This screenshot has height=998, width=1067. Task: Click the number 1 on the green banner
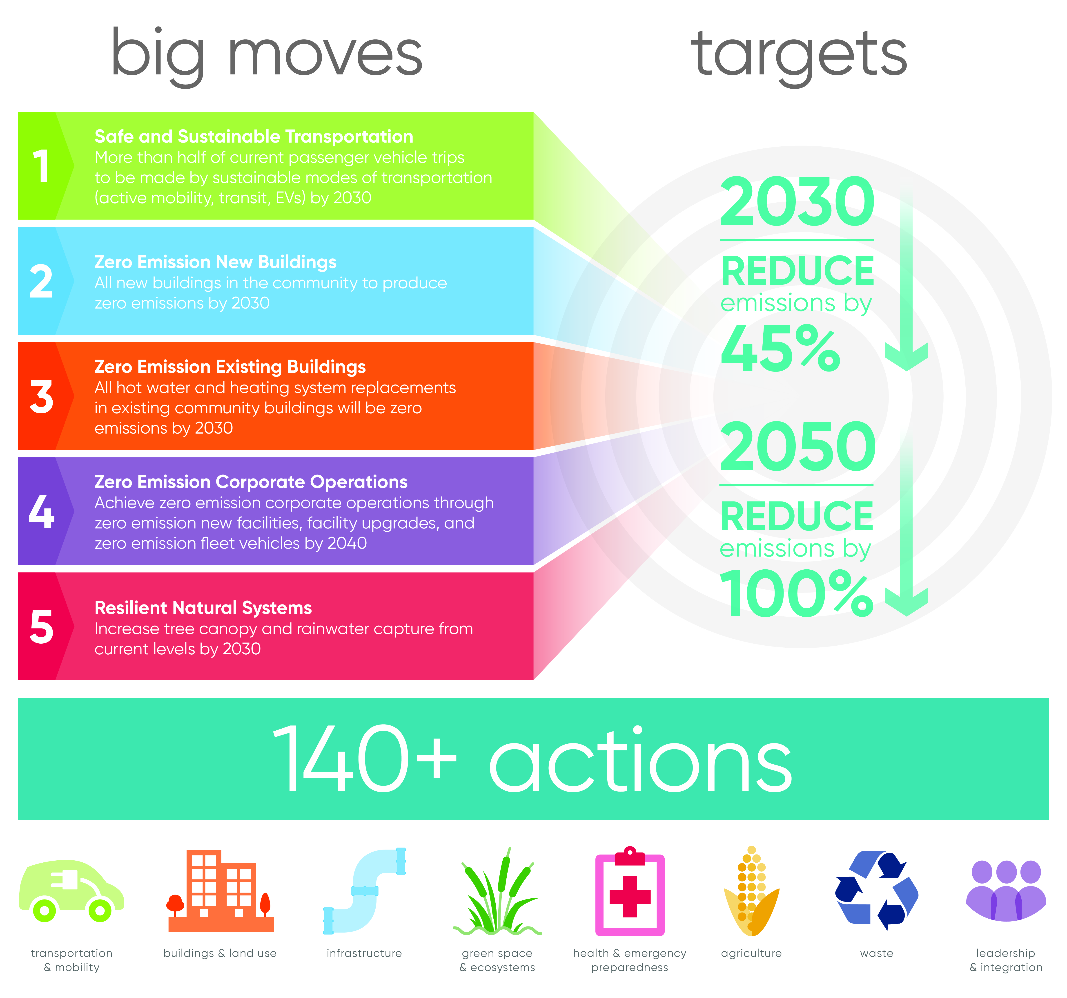pos(41,166)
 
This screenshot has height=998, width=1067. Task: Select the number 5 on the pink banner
pos(41,627)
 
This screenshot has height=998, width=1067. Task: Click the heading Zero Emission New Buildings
pos(215,262)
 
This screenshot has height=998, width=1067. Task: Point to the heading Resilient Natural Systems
pos(203,608)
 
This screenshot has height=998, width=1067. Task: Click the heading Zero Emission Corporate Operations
pos(251,482)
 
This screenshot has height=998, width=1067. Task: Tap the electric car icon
pos(71,892)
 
